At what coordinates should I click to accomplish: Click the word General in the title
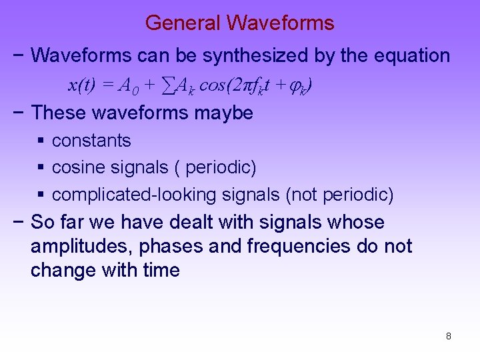(183, 23)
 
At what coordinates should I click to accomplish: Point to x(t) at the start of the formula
(83, 85)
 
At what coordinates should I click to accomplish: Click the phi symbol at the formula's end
(302, 86)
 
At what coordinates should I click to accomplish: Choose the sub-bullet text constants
(91, 141)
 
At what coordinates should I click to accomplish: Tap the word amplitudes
(81, 247)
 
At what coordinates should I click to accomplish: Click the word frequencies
(298, 247)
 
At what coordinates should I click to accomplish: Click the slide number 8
(449, 336)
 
